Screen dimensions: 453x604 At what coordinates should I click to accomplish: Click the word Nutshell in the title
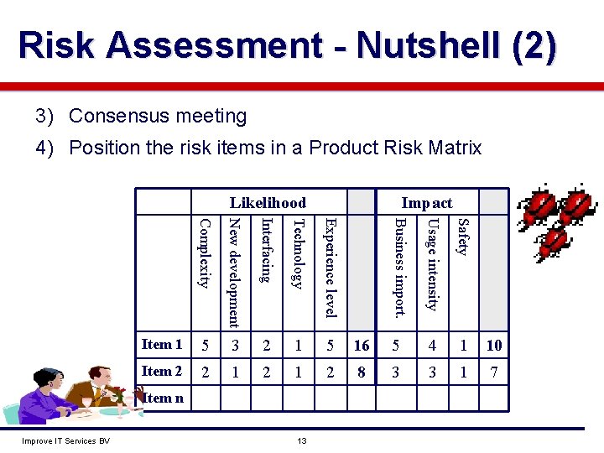pos(423,46)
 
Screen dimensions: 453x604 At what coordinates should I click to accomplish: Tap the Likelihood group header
pos(268,202)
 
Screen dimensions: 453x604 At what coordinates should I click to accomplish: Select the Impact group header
pos(426,202)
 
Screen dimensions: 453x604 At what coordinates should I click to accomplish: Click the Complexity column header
pos(202,253)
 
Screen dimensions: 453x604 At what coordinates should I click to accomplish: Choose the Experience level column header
pos(331,268)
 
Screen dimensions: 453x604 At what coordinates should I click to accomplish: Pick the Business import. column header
pos(400,268)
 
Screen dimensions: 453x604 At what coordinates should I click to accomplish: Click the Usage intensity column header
pos(431,264)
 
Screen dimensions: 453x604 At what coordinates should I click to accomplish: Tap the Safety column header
pos(461,236)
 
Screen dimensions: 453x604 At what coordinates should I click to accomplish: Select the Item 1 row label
pos(162,344)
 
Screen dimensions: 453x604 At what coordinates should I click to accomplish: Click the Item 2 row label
pos(162,371)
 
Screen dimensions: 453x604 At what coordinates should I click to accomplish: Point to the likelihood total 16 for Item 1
pos(362,345)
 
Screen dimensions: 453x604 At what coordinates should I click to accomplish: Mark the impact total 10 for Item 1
pos(494,345)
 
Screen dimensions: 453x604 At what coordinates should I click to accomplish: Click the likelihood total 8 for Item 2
pos(362,372)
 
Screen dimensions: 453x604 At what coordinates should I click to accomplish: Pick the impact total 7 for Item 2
pos(494,372)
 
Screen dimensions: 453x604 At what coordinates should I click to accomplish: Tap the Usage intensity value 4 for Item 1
pos(432,345)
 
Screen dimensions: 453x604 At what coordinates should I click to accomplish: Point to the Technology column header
pos(298,253)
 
